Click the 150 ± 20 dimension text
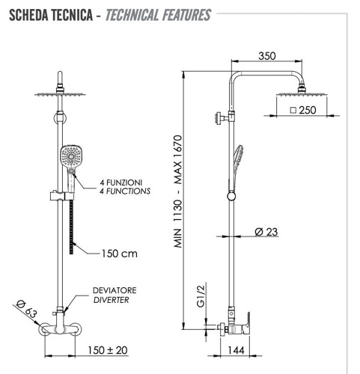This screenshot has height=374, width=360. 106,349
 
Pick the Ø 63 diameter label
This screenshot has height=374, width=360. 25,307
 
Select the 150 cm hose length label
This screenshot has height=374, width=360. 120,253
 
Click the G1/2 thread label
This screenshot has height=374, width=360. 201,293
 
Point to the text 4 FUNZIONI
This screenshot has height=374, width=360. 123,182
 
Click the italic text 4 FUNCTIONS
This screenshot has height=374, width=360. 125,191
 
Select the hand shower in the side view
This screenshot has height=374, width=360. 237,158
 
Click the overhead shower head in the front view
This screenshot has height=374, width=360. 58,94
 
